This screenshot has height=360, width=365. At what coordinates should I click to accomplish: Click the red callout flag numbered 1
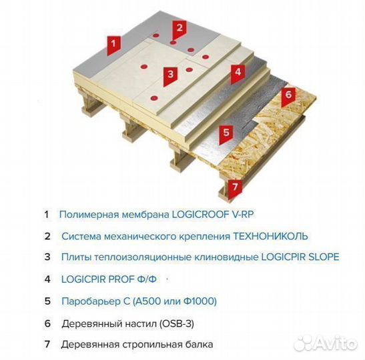[x=113, y=43]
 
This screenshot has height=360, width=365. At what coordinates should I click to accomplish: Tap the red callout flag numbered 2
[x=178, y=28]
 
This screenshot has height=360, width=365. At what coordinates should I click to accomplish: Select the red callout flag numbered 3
[x=171, y=74]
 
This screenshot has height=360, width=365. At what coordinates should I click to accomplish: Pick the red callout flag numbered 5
[x=226, y=132]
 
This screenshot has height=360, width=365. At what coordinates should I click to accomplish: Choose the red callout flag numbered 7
[x=233, y=187]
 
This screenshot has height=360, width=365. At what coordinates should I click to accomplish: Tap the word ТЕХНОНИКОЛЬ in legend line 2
[x=270, y=236]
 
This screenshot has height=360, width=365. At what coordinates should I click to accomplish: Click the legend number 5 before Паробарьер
[x=47, y=301]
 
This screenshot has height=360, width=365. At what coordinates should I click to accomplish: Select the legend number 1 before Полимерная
[x=47, y=215]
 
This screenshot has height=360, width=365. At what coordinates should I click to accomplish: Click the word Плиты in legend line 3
[x=75, y=257]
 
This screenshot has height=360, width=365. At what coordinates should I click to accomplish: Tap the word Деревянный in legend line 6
[x=89, y=323]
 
